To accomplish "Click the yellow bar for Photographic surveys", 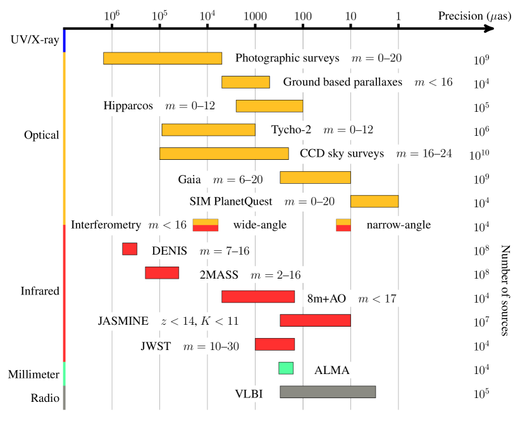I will (x=163, y=58).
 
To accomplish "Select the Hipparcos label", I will (x=159, y=106).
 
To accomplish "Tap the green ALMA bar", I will (x=286, y=368).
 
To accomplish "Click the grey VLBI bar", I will (x=328, y=392).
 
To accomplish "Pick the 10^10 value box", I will (x=479, y=155).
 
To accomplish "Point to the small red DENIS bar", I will (x=130, y=249).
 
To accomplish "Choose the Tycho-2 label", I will (x=323, y=130).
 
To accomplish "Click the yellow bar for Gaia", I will (x=315, y=178).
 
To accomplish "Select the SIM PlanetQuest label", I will (x=262, y=202).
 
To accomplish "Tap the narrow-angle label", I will (x=398, y=225).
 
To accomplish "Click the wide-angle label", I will (x=260, y=225).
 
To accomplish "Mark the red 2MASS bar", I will (x=162, y=273).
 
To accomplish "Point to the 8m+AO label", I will (x=352, y=298).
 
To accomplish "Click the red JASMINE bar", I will (x=315, y=320).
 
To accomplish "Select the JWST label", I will (x=190, y=346).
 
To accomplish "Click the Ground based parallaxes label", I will (x=367, y=82).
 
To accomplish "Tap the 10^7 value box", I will (x=481, y=322).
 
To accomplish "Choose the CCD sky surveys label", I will (x=376, y=154).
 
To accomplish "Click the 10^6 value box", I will (x=481, y=131).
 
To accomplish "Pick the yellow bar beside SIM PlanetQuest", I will (x=374, y=201).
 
